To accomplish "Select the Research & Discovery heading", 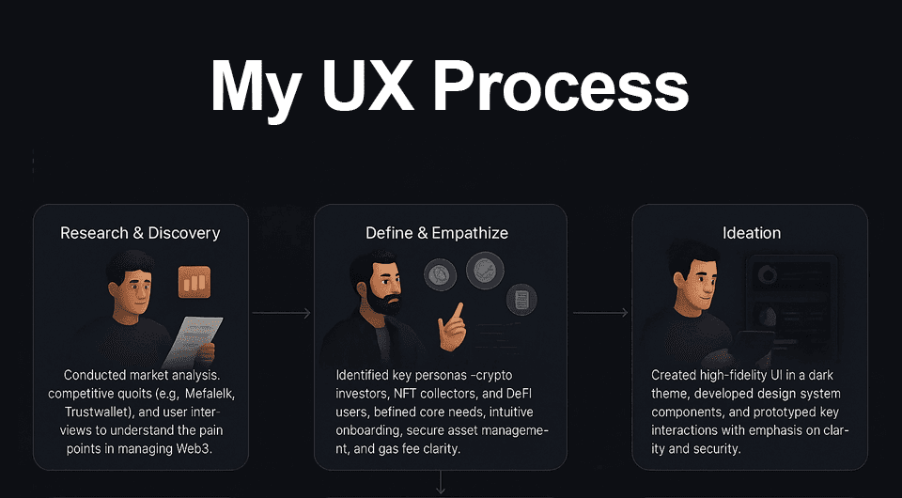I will (x=140, y=232).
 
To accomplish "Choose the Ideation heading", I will (x=751, y=232).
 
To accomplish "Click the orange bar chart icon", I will (x=194, y=282).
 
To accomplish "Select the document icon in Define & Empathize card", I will (x=521, y=300).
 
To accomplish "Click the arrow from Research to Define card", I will (x=281, y=313).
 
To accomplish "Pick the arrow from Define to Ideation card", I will (x=600, y=313).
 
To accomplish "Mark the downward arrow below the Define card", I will (x=440, y=483).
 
